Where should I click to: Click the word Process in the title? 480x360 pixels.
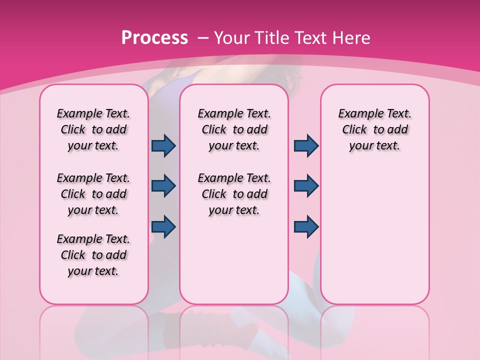point(154,38)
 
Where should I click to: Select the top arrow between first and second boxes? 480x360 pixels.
point(163,145)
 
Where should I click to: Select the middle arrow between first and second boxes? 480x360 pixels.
point(163,186)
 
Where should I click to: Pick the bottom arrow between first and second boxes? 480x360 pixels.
point(163,226)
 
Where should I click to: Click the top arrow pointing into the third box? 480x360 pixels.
point(306,145)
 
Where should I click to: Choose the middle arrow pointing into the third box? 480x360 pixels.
point(306,186)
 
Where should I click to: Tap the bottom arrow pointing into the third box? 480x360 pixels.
point(306,226)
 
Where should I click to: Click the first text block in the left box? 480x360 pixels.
point(93,129)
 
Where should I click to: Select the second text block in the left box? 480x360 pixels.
point(93,194)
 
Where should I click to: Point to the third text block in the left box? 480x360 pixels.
point(93,255)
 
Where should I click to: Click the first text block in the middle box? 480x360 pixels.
point(234,129)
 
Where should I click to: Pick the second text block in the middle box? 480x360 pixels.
point(234,194)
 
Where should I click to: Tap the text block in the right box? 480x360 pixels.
point(375,129)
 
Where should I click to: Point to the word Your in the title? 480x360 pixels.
point(232,38)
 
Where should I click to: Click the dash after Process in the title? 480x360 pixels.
point(203,38)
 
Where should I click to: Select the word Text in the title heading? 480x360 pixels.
point(308,38)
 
